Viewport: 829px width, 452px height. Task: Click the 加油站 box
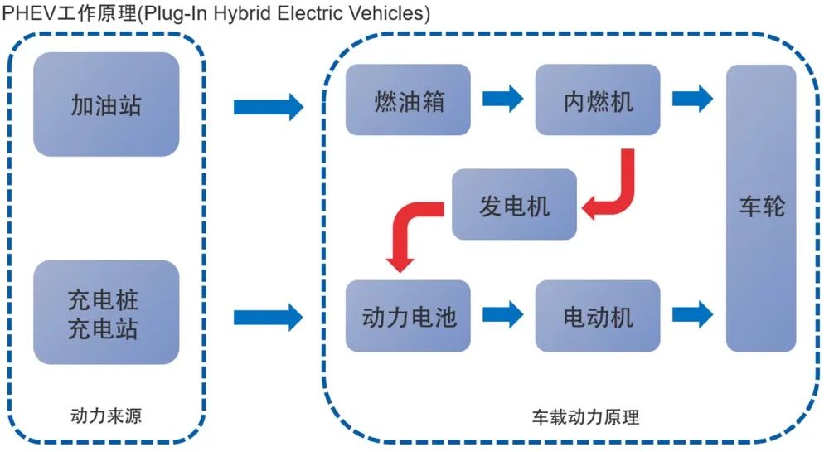pos(106,104)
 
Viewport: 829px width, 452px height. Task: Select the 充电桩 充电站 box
pos(106,312)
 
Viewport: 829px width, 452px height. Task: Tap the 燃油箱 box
pos(408,100)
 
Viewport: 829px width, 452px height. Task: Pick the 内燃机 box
pos(598,100)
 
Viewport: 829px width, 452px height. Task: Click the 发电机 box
pos(515,204)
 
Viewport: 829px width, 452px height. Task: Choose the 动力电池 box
pos(408,316)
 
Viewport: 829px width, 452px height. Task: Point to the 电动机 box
pos(598,316)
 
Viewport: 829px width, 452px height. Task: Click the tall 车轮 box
pos(761,208)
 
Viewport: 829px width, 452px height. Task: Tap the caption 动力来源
pos(106,416)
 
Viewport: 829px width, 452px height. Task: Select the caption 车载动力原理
pos(586,417)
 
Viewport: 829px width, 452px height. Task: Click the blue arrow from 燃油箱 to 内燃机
pos(503,99)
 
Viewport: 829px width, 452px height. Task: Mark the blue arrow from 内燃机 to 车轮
pos(692,99)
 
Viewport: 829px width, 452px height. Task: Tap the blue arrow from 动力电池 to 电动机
pos(503,314)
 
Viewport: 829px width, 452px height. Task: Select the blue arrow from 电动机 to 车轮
pos(692,314)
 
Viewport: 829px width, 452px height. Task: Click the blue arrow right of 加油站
pos(269,107)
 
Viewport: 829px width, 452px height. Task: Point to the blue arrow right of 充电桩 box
pos(269,317)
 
